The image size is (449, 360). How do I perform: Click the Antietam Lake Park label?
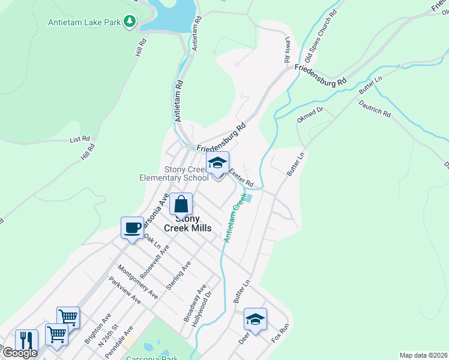[x=84, y=23]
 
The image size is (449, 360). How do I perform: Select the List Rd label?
[x=79, y=140]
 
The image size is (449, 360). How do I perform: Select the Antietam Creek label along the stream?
[x=236, y=218]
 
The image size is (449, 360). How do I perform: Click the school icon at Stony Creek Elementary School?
[x=217, y=163]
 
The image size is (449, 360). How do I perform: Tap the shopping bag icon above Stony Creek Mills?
[x=181, y=205]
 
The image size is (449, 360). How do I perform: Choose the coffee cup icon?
[x=133, y=228]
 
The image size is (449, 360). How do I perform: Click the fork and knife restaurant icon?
[x=26, y=340]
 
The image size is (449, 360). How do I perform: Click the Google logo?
[x=19, y=353]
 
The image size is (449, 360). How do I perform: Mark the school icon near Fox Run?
[x=255, y=319]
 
